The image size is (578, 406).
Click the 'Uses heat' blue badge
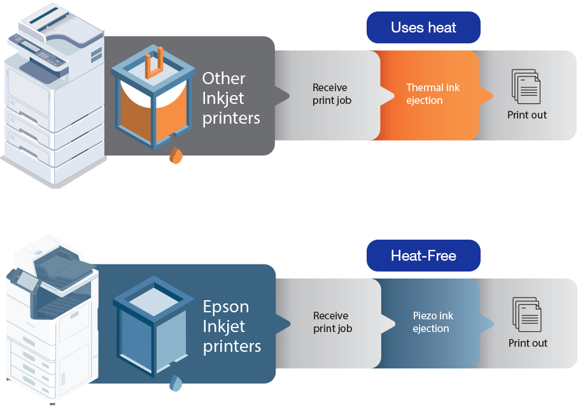tap(423, 27)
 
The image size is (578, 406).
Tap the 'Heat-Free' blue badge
tap(423, 256)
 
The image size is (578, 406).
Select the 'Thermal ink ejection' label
tap(433, 94)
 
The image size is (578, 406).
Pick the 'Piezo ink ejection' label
tap(432, 323)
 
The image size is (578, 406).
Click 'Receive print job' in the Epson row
tap(332, 323)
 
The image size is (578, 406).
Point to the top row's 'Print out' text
tap(526, 115)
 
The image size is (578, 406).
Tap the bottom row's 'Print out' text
tap(527, 344)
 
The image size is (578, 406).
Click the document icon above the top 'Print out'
tap(526, 87)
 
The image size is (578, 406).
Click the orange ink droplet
tap(176, 156)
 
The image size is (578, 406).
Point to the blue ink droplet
tap(176, 382)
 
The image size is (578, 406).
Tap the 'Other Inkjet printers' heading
tap(231, 98)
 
